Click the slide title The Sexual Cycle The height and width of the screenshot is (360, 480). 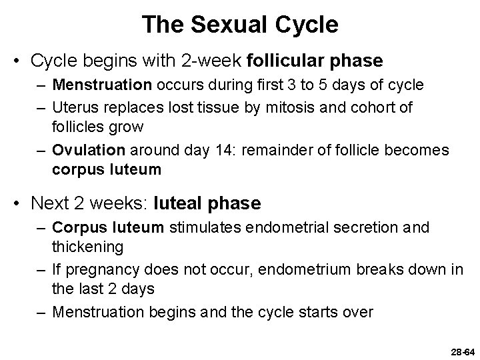coord(240,25)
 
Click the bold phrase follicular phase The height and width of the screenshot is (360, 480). coord(315,61)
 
